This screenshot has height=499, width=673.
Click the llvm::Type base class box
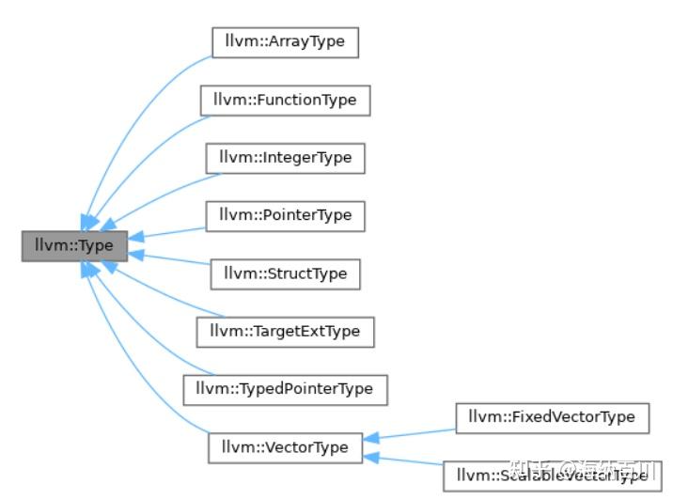pyautogui.click(x=74, y=245)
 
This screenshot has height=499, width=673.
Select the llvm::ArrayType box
pyautogui.click(x=284, y=42)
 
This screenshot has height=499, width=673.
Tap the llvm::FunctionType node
pyautogui.click(x=284, y=100)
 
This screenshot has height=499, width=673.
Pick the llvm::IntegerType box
pyautogui.click(x=285, y=157)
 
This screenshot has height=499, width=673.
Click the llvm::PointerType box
pyautogui.click(x=285, y=215)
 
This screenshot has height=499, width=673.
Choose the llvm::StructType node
pyautogui.click(x=285, y=273)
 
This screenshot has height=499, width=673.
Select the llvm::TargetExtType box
pyautogui.click(x=285, y=331)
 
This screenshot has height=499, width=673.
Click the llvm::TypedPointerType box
pyautogui.click(x=285, y=388)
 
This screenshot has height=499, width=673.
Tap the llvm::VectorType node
pyautogui.click(x=285, y=446)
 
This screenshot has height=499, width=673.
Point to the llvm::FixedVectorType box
pyautogui.click(x=552, y=416)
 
